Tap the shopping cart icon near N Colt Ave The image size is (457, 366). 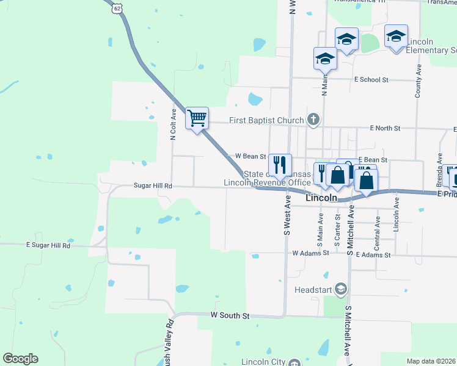197,118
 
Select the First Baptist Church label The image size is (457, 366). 266,120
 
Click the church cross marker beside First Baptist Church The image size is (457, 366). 313,119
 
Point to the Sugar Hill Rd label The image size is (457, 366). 153,185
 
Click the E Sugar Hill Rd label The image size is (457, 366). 48,245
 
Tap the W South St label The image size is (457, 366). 230,315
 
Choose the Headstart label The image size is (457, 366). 314,289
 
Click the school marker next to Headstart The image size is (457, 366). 341,289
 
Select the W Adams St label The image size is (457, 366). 311,253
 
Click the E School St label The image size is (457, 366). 371,80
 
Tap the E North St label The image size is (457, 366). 385,128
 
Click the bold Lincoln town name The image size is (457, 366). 321,198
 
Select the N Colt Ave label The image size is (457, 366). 174,124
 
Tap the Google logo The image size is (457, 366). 20,359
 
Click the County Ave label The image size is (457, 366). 419,83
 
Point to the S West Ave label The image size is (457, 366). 286,216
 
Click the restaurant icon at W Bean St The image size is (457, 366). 280,164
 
